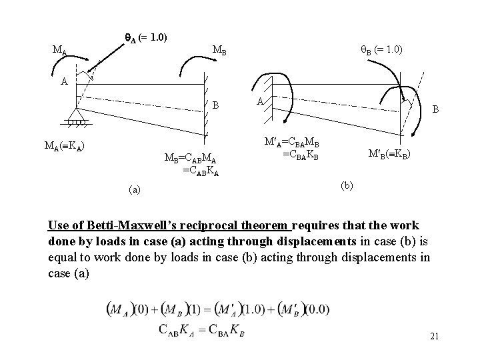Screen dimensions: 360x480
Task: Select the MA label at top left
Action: pyautogui.click(x=60, y=49)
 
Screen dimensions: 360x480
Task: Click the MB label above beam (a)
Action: pyautogui.click(x=219, y=50)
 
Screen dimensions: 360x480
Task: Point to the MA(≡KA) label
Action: pyautogui.click(x=64, y=145)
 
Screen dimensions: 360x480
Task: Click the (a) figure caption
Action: pyautogui.click(x=135, y=190)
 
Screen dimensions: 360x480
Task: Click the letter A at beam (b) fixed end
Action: pyautogui.click(x=261, y=101)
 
